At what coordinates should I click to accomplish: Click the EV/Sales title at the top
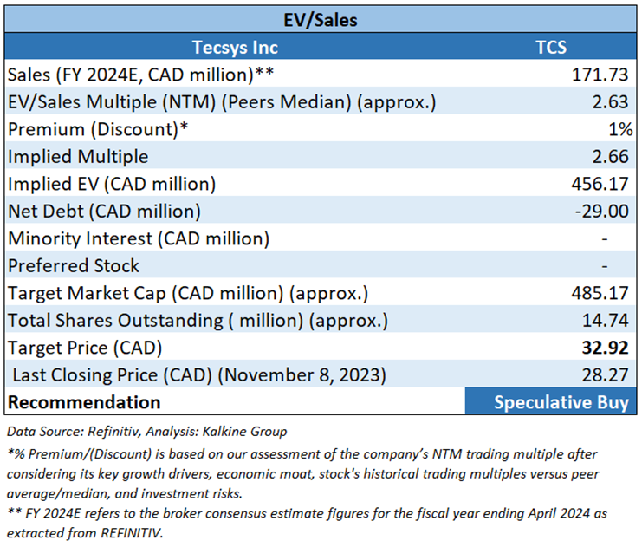coord(321,17)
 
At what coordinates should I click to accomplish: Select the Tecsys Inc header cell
coord(235,47)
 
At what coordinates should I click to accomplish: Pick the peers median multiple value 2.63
coord(610,102)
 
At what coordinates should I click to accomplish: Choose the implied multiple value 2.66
coord(610,157)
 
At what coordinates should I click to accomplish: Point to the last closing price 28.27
coord(604,374)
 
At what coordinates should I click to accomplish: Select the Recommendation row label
coord(84,402)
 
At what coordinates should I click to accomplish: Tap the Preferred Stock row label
coord(74,265)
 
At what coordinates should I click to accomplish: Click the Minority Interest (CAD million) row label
coord(139,238)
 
